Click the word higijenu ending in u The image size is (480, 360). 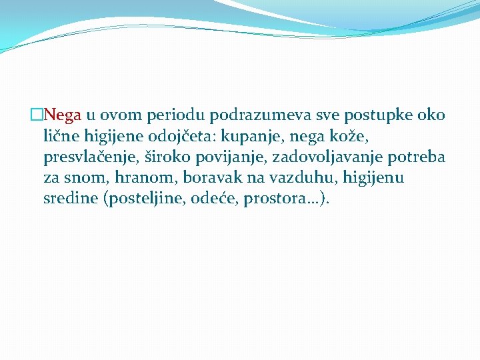click(373, 178)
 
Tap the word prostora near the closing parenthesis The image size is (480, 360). click(279, 199)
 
